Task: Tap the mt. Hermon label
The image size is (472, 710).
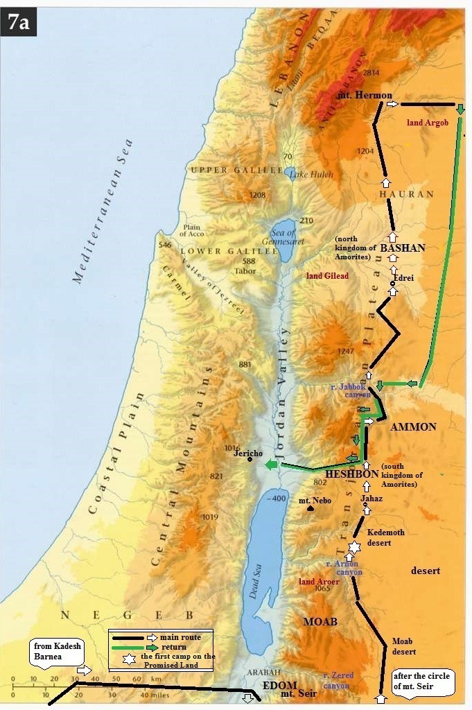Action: click(x=365, y=95)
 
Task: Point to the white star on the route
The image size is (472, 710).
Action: click(x=354, y=548)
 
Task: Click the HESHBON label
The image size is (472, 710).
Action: click(x=352, y=474)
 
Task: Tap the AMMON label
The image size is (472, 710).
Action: click(x=413, y=426)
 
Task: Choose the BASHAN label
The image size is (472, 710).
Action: click(x=403, y=248)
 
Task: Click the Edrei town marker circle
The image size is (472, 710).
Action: click(x=392, y=284)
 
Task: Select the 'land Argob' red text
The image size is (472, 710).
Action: click(x=428, y=123)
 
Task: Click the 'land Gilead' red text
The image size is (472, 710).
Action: click(x=327, y=275)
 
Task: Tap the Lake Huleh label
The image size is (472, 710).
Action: click(x=308, y=175)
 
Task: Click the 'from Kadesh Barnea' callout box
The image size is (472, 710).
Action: click(x=58, y=652)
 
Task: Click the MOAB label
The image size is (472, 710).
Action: click(x=320, y=622)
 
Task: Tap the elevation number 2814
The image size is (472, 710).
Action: click(x=372, y=72)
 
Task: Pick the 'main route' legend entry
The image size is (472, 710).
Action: click(x=175, y=637)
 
